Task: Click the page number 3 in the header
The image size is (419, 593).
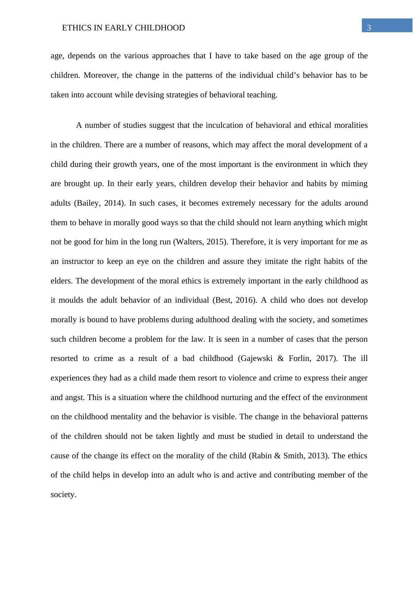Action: pos(369,28)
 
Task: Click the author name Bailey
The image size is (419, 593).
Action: pos(87,203)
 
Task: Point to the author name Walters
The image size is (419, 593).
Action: pos(190,242)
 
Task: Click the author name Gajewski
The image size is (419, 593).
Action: pos(257,358)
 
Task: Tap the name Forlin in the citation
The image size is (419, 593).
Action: pos(299,358)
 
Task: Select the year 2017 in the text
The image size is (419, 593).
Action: pos(325,358)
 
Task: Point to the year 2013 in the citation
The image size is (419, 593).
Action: pos(317,455)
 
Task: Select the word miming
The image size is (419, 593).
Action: pos(354,184)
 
